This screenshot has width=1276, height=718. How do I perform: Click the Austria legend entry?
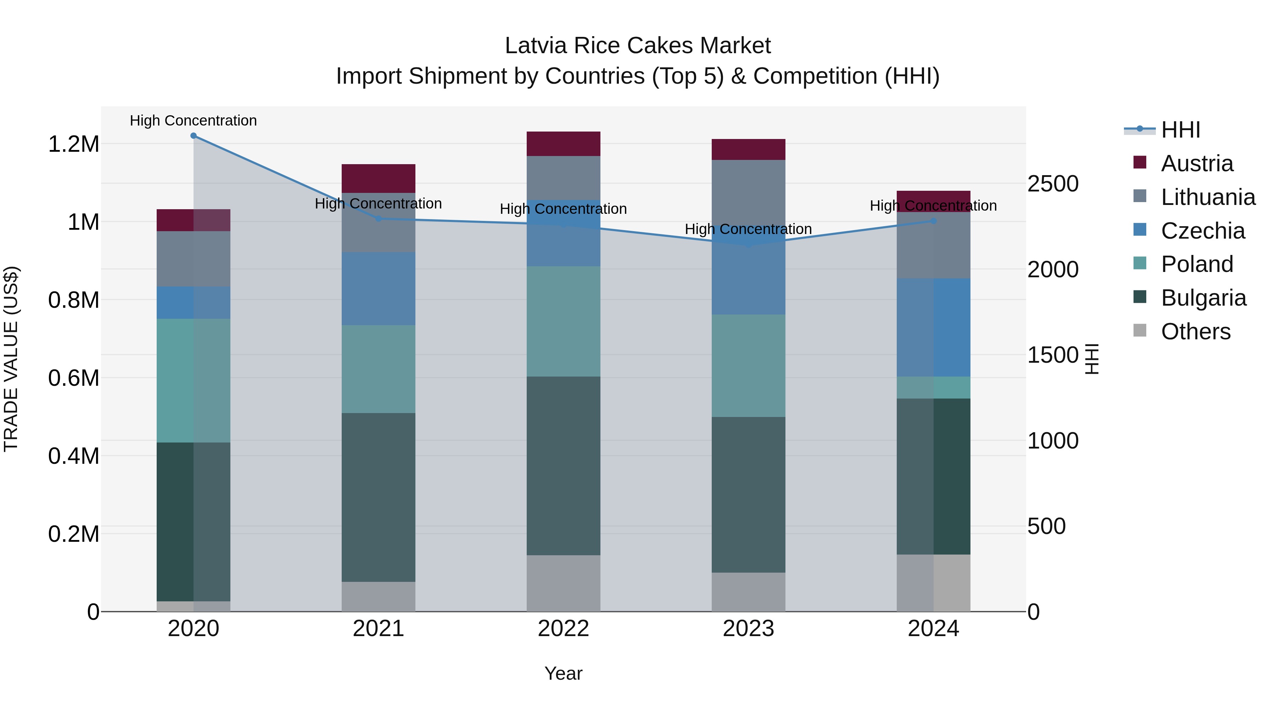1196,163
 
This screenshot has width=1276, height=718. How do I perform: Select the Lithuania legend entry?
1208,197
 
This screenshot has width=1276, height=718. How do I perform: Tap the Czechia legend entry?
1202,231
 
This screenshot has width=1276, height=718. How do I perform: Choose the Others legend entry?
1195,332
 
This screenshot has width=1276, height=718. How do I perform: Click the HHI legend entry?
1180,130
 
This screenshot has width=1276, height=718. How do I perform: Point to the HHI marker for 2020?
194,136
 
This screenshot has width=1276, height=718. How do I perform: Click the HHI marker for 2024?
933,221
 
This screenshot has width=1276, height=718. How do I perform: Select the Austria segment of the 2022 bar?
563,144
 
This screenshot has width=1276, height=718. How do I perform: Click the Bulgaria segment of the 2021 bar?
379,497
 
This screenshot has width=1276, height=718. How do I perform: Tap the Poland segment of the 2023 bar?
749,366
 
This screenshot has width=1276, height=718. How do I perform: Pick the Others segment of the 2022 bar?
563,583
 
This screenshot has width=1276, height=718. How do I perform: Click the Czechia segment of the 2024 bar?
933,328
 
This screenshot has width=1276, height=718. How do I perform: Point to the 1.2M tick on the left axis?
73,144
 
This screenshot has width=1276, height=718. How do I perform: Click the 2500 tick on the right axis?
1053,184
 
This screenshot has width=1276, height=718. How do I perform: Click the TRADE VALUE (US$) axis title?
11,359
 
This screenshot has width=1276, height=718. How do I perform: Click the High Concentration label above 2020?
193,121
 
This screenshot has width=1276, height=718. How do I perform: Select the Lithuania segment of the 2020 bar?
194,259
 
